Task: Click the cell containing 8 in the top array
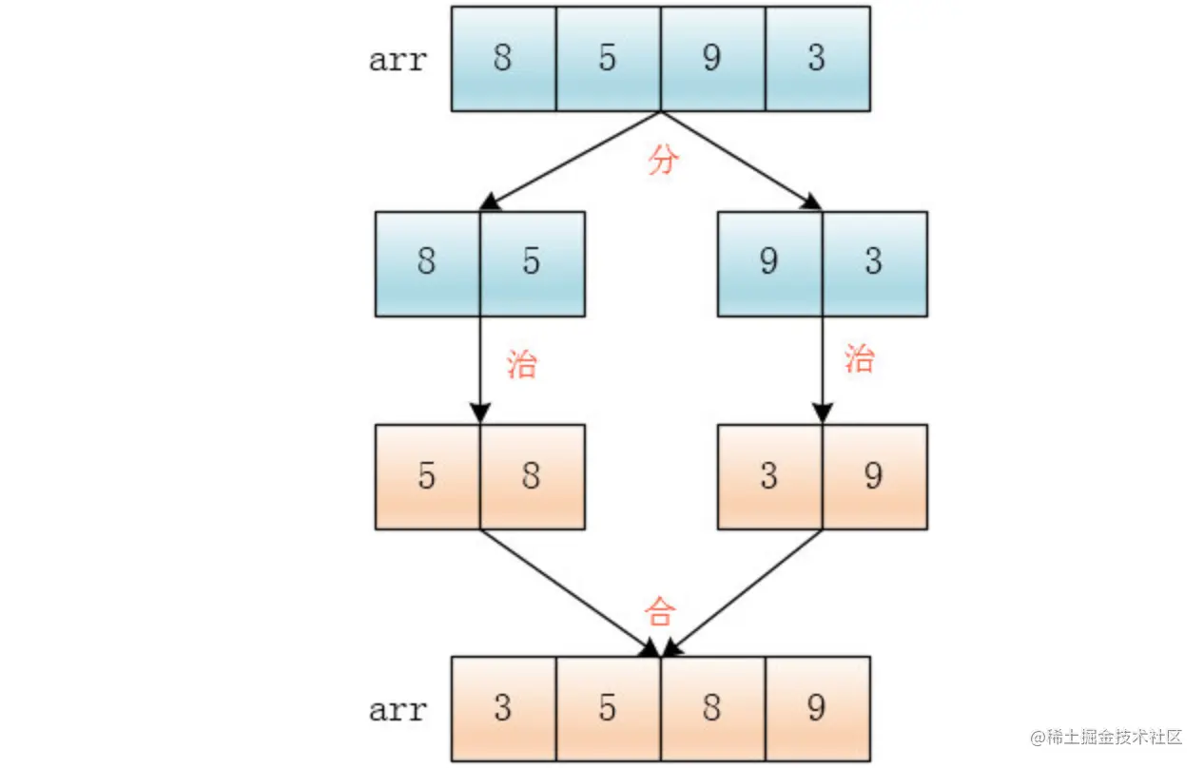tap(503, 59)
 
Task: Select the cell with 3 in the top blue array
tap(817, 59)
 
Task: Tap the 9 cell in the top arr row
tap(712, 59)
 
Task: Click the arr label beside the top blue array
tap(398, 60)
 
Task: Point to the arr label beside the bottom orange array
tap(398, 709)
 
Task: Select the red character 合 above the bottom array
tap(659, 611)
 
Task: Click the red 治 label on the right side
tap(859, 359)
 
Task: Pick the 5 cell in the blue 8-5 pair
tap(532, 263)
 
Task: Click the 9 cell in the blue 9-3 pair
tap(769, 263)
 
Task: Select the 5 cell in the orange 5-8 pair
tap(427, 476)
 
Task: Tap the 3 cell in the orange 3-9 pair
tap(769, 476)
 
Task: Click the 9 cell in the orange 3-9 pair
tap(874, 476)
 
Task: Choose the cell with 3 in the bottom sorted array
tap(503, 708)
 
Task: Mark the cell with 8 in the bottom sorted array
tap(712, 708)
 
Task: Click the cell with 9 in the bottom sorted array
tap(817, 708)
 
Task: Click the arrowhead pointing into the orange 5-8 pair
tap(480, 413)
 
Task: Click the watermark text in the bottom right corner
tap(1106, 738)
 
